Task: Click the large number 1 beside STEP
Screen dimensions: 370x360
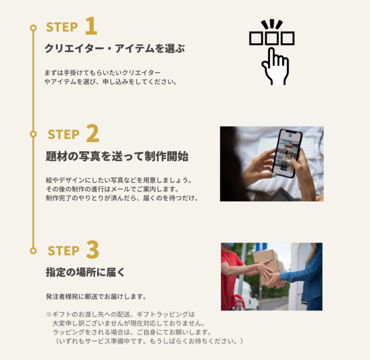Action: (91, 26)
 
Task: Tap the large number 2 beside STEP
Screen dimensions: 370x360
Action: (92, 133)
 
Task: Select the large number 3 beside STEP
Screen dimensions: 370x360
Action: (92, 250)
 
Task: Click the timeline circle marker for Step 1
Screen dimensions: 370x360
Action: (33, 28)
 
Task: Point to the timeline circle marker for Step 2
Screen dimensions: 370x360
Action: (33, 134)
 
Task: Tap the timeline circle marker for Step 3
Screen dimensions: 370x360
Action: (33, 250)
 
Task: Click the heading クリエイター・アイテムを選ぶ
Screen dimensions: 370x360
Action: (114, 48)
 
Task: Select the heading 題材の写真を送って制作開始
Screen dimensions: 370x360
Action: (117, 156)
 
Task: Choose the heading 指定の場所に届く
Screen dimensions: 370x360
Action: (85, 272)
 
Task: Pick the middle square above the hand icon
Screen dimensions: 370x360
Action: (272, 38)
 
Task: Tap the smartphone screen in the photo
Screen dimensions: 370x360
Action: (287, 152)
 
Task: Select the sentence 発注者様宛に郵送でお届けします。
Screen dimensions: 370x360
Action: (96, 296)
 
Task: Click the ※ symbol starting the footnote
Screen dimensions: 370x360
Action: (49, 315)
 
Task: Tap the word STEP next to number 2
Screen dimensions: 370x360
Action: (64, 134)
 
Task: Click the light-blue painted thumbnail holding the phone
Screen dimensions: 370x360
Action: (274, 175)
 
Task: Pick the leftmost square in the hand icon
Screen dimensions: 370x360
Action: (256, 38)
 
